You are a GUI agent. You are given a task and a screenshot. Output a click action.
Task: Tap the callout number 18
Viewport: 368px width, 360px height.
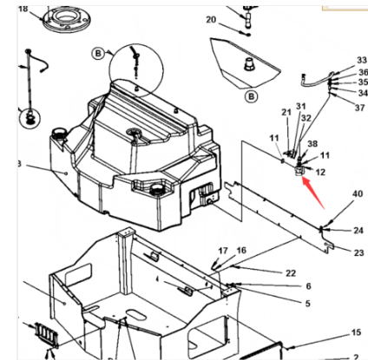coord(23,9)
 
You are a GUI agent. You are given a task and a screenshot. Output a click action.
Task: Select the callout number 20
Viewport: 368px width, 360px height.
coord(211,19)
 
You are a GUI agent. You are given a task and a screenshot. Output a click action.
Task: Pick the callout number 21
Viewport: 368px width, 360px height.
coord(286,113)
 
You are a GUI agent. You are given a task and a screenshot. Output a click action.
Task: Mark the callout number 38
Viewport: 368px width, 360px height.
coord(312,144)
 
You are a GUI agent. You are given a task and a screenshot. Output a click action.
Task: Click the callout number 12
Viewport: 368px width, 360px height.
coord(319,172)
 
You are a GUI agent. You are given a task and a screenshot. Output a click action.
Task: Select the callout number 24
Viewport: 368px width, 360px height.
coord(357,231)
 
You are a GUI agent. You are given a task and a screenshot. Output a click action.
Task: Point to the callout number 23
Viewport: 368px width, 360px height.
coord(358,252)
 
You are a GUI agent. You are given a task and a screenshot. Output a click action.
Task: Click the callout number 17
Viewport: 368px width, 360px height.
coord(222,251)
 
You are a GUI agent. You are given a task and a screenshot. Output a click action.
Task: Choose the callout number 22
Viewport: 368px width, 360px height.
coord(266,272)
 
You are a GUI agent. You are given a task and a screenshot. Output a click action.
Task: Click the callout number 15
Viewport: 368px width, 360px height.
coord(356,332)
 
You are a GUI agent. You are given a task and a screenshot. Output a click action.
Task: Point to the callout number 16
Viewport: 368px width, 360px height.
coord(241,251)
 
